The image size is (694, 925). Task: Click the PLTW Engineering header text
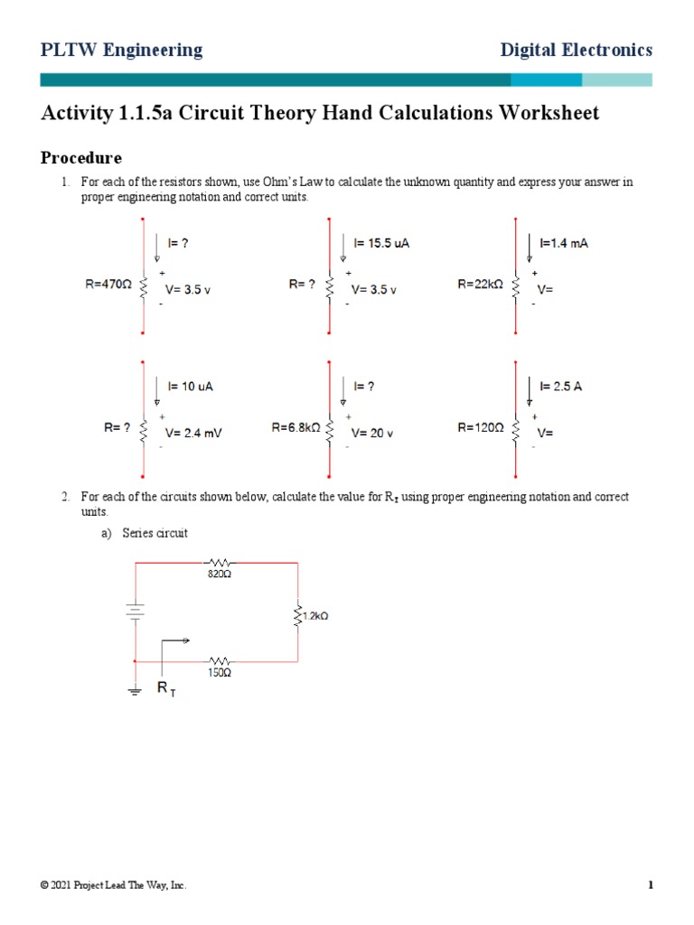[x=121, y=51]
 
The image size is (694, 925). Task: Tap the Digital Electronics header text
[x=576, y=51]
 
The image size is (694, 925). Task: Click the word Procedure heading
[x=81, y=158]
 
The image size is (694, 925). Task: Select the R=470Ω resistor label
[x=109, y=284]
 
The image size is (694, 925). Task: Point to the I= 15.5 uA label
[x=381, y=243]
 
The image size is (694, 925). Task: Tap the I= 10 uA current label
[x=189, y=386]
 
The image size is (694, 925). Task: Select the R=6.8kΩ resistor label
[x=296, y=427]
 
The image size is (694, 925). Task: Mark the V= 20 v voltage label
[x=372, y=433]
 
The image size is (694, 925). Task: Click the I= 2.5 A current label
[x=560, y=386]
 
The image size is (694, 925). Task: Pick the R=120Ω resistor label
[x=481, y=427]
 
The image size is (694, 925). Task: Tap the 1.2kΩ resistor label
[x=313, y=616]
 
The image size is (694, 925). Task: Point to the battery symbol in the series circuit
[x=135, y=612]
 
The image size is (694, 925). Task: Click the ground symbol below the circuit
[x=135, y=691]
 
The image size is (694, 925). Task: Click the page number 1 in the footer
[x=650, y=886]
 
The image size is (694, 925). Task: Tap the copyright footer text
[x=114, y=886]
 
